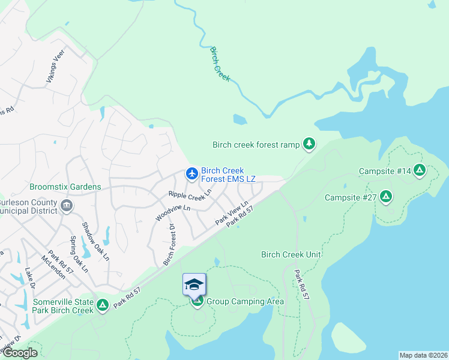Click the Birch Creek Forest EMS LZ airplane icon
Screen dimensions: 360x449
pyautogui.click(x=192, y=173)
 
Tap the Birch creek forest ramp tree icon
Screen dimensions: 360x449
pyautogui.click(x=309, y=143)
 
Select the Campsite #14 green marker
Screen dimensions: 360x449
pyautogui.click(x=420, y=171)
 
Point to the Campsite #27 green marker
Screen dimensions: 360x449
pyautogui.click(x=386, y=197)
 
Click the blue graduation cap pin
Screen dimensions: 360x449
pyautogui.click(x=194, y=284)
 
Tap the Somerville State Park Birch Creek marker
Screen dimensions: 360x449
pyautogui.click(x=103, y=305)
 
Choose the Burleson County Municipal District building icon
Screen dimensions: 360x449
pyautogui.click(x=67, y=206)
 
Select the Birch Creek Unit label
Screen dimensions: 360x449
pyautogui.click(x=291, y=254)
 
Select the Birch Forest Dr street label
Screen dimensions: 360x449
pyautogui.click(x=168, y=245)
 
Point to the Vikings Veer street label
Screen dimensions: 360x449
pyautogui.click(x=56, y=66)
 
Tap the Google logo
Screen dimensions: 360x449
pyautogui.click(x=19, y=353)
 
